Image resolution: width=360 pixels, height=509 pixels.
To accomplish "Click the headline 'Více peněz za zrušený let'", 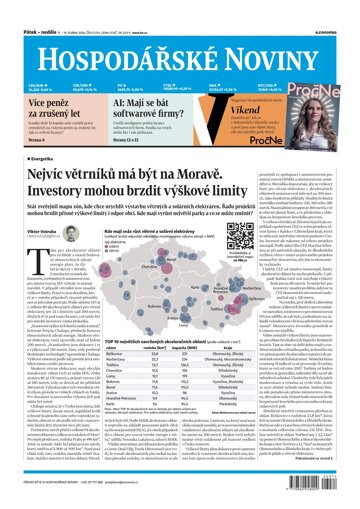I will click(x=43, y=105).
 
